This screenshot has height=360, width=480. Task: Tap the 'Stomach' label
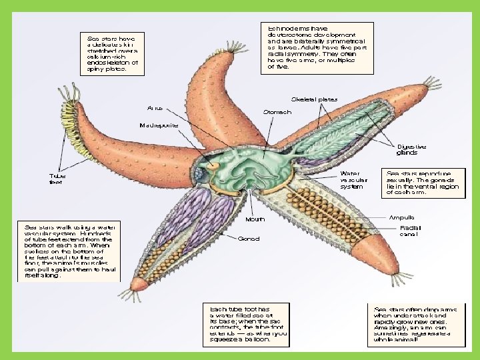277,112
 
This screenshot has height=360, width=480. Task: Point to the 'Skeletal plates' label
314,99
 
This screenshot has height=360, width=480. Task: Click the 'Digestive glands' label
411,149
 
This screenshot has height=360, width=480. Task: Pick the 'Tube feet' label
57,179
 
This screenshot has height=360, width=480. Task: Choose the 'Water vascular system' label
354,179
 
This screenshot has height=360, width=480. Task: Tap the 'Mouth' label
255,219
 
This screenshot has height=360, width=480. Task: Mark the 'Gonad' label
248,238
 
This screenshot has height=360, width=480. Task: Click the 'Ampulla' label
402,217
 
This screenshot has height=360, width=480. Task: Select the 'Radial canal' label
409,231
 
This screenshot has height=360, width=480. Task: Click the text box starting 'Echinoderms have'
311,47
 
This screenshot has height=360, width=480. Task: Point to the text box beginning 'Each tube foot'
240,324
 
